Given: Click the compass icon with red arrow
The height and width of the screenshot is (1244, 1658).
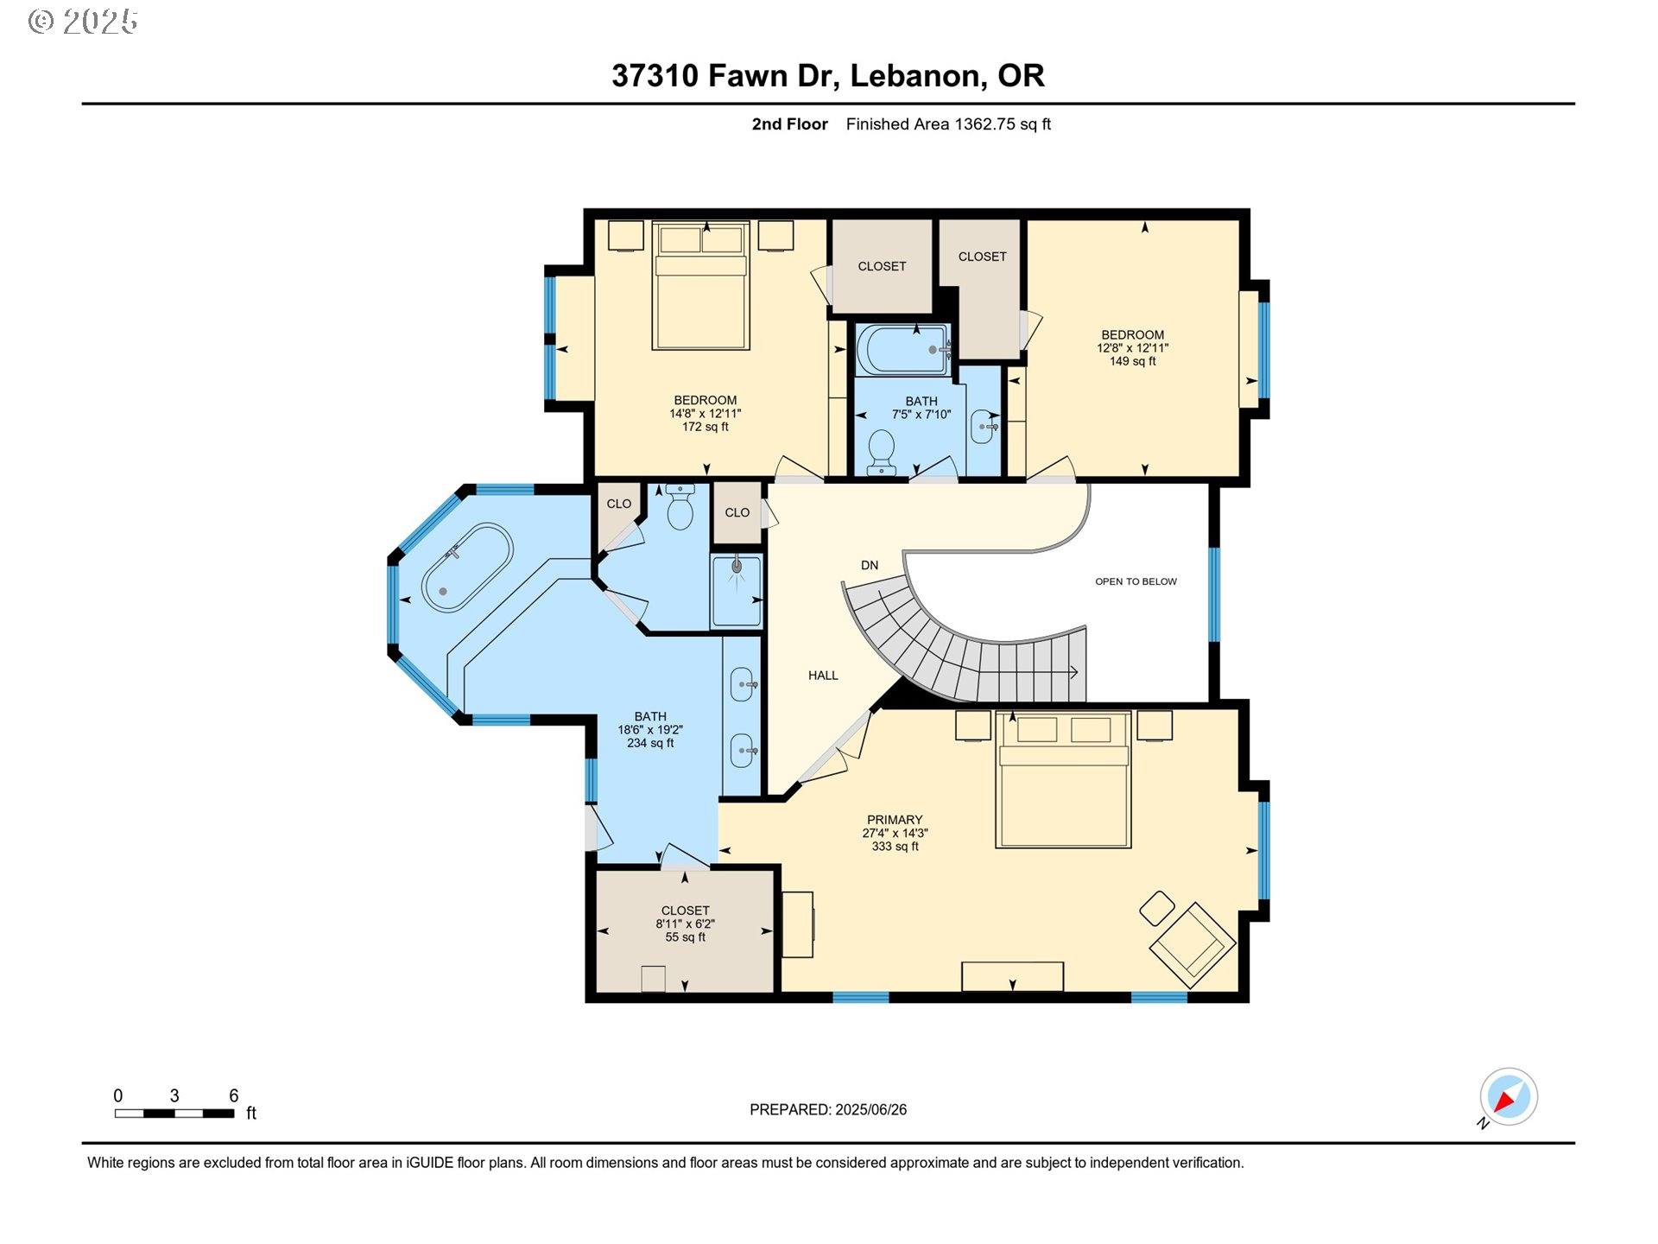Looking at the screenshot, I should pyautogui.click(x=1508, y=1097).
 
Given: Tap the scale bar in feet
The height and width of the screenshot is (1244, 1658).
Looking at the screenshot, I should pyautogui.click(x=174, y=1114).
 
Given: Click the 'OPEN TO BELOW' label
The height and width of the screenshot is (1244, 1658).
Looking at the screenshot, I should pyautogui.click(x=1136, y=581).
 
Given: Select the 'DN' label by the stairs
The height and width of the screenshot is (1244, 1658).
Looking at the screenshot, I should pyautogui.click(x=870, y=565).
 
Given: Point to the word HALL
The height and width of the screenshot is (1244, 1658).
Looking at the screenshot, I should pyautogui.click(x=823, y=676).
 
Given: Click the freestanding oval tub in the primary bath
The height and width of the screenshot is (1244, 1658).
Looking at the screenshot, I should pyautogui.click(x=467, y=567).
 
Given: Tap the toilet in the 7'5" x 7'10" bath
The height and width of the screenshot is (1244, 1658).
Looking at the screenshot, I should pyautogui.click(x=881, y=451).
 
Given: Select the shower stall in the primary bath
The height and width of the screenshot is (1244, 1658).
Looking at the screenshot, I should pyautogui.click(x=737, y=591).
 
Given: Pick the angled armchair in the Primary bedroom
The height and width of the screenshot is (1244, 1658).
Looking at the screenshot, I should pyautogui.click(x=1192, y=944).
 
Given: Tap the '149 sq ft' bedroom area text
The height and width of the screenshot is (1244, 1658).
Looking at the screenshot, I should pyautogui.click(x=1132, y=361).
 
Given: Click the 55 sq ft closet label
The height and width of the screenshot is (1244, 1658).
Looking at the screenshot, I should pyautogui.click(x=685, y=923).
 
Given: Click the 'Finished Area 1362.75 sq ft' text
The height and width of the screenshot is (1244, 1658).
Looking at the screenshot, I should pyautogui.click(x=947, y=124).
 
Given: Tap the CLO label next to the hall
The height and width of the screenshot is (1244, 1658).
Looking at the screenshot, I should pyautogui.click(x=737, y=512).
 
